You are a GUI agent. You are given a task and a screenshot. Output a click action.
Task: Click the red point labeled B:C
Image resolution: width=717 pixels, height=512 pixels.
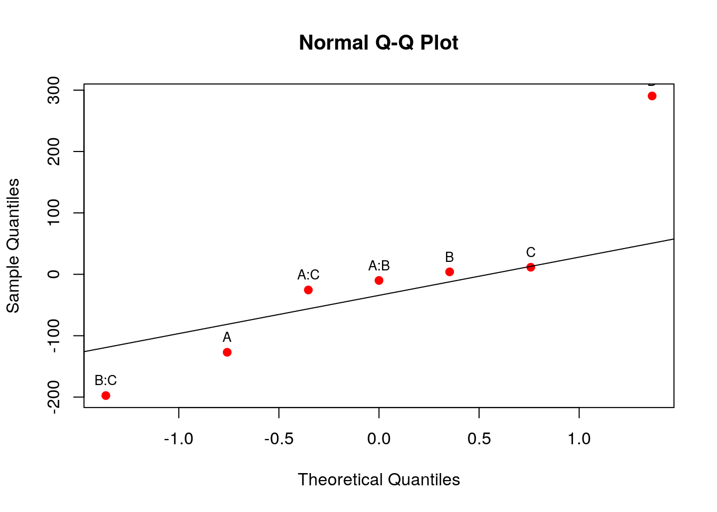tap(106, 395)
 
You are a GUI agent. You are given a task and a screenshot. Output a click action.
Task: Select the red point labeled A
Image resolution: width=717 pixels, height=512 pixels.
tap(227, 352)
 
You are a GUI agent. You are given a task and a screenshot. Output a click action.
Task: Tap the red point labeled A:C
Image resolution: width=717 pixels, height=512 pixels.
tap(308, 290)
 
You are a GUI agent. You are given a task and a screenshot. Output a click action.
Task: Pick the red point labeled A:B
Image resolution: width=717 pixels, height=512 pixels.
tap(379, 281)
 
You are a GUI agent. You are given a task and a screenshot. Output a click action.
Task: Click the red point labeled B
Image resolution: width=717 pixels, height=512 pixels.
tap(450, 272)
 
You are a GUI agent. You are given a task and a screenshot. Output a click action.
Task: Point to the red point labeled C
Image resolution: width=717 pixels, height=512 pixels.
tap(531, 267)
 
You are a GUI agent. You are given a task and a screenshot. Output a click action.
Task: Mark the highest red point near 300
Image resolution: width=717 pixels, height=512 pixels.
tap(652, 96)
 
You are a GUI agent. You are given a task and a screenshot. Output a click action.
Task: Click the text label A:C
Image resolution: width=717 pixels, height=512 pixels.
tap(308, 275)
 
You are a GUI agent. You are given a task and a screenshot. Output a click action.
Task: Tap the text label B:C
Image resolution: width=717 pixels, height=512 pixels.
tap(106, 380)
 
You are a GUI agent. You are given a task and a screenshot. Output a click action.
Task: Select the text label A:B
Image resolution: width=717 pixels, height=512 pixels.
tap(379, 266)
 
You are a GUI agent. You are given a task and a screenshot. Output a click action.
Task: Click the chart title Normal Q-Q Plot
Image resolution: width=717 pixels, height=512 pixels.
tap(378, 43)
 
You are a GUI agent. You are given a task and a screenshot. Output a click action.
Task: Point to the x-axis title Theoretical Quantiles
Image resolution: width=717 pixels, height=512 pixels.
tap(379, 479)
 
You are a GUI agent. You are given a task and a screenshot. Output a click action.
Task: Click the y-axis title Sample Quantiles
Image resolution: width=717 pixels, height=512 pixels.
tap(13, 246)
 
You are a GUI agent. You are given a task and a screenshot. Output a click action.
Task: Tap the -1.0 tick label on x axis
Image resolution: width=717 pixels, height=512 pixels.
tap(178, 439)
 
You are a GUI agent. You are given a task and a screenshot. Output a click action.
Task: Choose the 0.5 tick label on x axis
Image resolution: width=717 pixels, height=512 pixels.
tap(479, 439)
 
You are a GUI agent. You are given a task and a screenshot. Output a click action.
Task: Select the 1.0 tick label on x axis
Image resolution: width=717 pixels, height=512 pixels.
tap(579, 439)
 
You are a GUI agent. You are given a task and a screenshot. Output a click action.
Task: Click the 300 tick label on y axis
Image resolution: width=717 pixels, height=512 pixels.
tap(54, 90)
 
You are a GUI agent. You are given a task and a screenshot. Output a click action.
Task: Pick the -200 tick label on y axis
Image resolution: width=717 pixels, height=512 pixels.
tap(54, 397)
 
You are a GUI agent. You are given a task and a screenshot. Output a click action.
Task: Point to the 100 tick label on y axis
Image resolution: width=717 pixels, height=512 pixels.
tap(54, 213)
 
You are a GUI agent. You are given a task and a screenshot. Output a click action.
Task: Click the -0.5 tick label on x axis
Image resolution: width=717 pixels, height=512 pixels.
tap(278, 439)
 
